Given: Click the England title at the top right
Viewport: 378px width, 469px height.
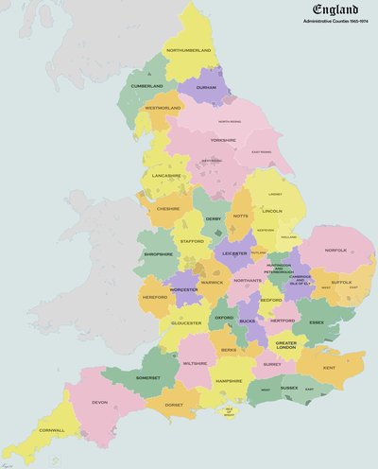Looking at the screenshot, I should pyautogui.click(x=330, y=10).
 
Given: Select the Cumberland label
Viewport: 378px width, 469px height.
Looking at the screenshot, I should pyautogui.click(x=146, y=86).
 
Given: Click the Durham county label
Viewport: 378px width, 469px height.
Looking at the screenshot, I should pyautogui.click(x=206, y=87).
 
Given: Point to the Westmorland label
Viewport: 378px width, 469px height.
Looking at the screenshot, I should pyautogui.click(x=163, y=108).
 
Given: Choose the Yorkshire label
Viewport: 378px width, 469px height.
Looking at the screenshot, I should pyautogui.click(x=223, y=140).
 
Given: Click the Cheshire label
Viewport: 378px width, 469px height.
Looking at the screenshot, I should pyautogui.click(x=169, y=208).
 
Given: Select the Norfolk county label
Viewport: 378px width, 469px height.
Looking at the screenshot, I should pyautogui.click(x=335, y=251).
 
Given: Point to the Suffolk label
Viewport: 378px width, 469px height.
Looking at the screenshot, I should pyautogui.click(x=341, y=282).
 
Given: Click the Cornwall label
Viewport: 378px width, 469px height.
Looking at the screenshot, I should pyautogui.click(x=52, y=430).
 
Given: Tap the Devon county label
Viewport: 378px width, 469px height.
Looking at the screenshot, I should pyautogui.click(x=100, y=402).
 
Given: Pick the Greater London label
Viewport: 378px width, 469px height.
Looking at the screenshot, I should pyautogui.click(x=286, y=345).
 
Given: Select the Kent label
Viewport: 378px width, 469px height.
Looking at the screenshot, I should pyautogui.click(x=329, y=367).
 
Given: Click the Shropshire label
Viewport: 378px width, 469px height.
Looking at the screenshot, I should pyautogui.click(x=158, y=253).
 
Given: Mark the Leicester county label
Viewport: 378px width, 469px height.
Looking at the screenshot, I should pyautogui.click(x=234, y=253).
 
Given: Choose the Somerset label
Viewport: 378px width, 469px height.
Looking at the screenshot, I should pyautogui.click(x=148, y=377).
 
